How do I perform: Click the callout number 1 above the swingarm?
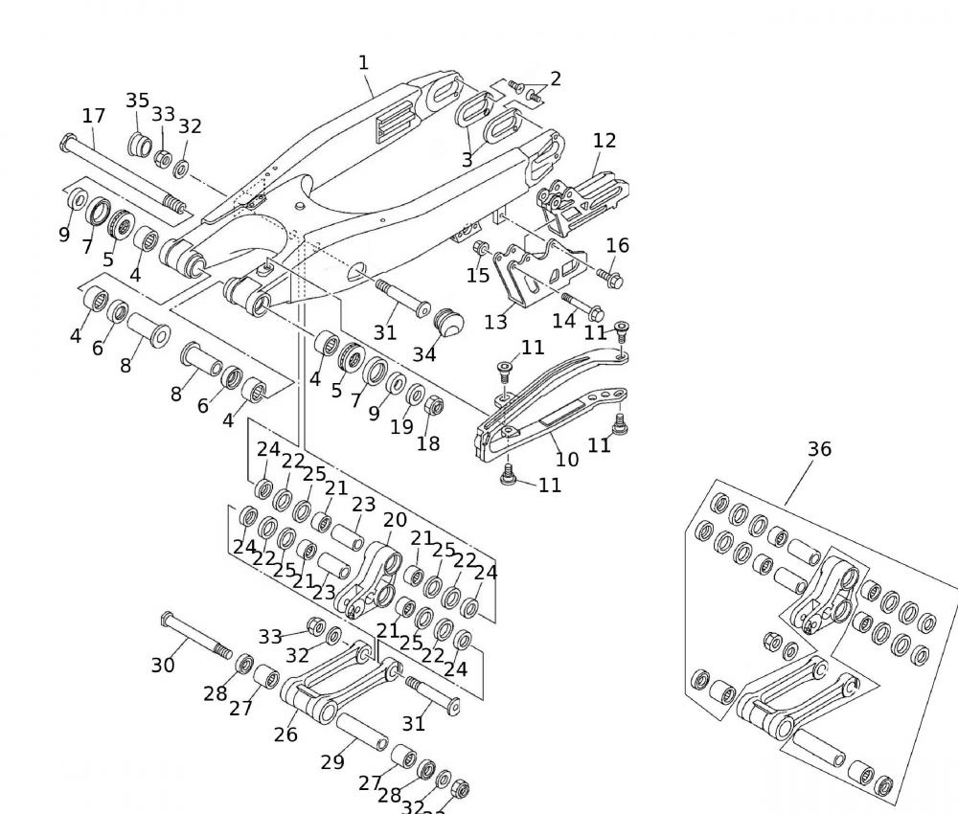click(x=363, y=63)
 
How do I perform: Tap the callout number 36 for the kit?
click(x=819, y=449)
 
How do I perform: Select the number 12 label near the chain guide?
click(x=604, y=141)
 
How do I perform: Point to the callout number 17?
click(x=93, y=116)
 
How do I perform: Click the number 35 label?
click(x=138, y=101)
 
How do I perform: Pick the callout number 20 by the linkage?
click(x=395, y=520)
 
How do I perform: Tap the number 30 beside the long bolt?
click(x=163, y=665)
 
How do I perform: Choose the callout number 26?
click(x=285, y=735)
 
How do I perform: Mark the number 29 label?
click(x=332, y=762)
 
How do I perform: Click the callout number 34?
click(x=424, y=354)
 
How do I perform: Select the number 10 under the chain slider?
click(x=567, y=459)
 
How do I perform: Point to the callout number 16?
click(x=618, y=245)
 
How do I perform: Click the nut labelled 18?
click(x=432, y=406)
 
